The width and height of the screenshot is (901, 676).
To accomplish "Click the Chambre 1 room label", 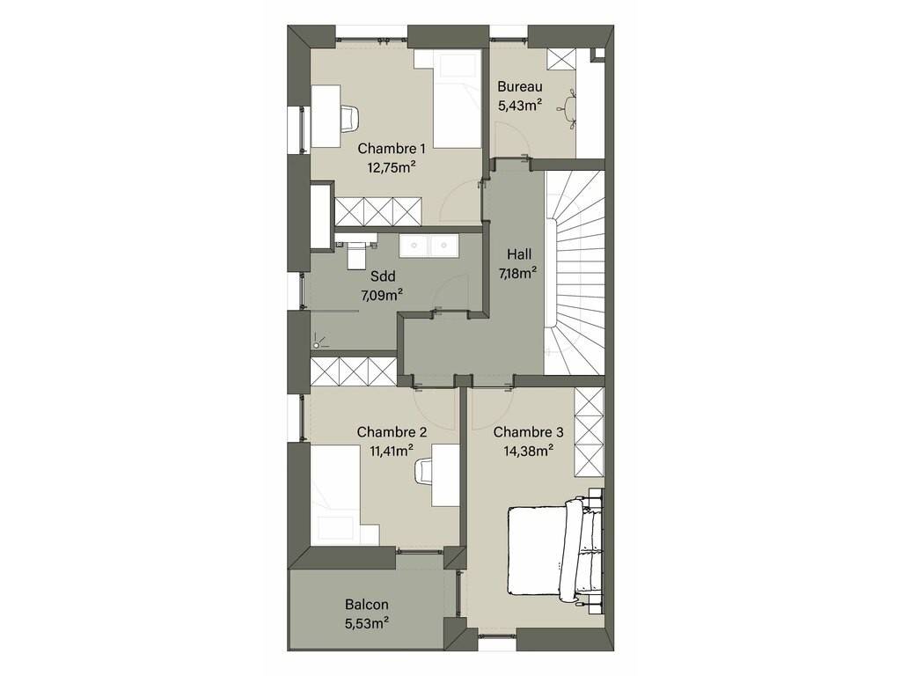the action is click(392, 149).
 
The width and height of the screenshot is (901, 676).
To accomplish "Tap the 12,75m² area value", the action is click(392, 167).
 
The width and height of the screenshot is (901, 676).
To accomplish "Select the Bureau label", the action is click(519, 87).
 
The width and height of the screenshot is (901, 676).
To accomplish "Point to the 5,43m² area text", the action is click(521, 106).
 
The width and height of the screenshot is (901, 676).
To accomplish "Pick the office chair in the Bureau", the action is click(570, 107).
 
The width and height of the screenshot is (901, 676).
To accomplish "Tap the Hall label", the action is click(519, 254).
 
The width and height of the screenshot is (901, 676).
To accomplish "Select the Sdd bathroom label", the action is click(383, 276).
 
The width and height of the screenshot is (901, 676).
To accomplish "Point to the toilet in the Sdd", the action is click(356, 253).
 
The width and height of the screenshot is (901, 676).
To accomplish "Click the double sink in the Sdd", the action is click(429, 245).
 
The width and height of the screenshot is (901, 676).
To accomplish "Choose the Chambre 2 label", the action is click(392, 431).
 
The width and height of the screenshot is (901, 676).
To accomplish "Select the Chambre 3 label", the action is click(528, 431).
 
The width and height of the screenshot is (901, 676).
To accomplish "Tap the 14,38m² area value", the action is click(528, 451).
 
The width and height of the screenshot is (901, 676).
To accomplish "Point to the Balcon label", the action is click(367, 605).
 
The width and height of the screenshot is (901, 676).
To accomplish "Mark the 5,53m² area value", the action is click(367, 623).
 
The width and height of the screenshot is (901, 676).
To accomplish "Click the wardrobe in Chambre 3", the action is click(589, 431).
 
